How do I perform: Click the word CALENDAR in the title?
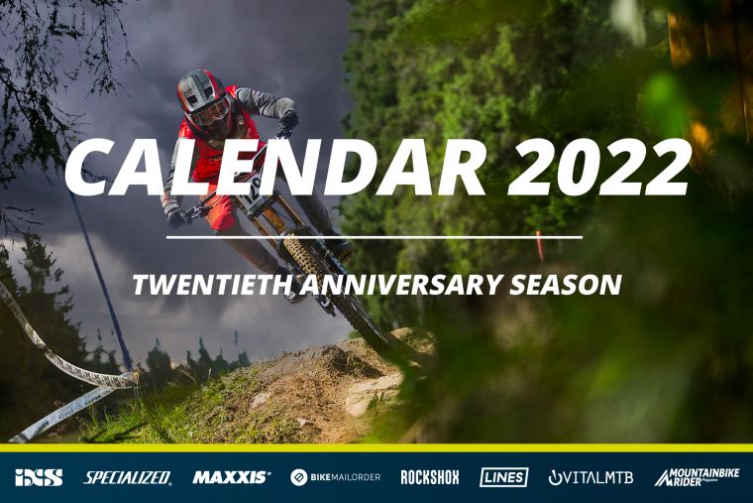pyautogui.click(x=274, y=169)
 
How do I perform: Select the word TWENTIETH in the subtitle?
pyautogui.click(x=212, y=285)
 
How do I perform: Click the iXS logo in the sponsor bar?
pyautogui.click(x=39, y=477)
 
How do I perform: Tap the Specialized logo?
pyautogui.click(x=128, y=477)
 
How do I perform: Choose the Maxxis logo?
pyautogui.click(x=232, y=477)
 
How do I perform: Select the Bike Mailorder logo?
pyautogui.click(x=335, y=477)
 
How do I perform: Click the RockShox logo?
pyautogui.click(x=430, y=477)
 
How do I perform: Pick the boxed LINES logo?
pyautogui.click(x=503, y=477)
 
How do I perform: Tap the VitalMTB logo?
pyautogui.click(x=591, y=477)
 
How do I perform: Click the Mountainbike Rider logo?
pyautogui.click(x=697, y=477)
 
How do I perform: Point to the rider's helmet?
pyautogui.click(x=204, y=102)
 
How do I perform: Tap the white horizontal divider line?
pyautogui.click(x=375, y=237)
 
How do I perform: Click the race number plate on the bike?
pyautogui.click(x=252, y=190)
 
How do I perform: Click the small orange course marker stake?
pyautogui.click(x=540, y=245)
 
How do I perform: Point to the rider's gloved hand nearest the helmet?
pyautogui.click(x=289, y=119)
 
